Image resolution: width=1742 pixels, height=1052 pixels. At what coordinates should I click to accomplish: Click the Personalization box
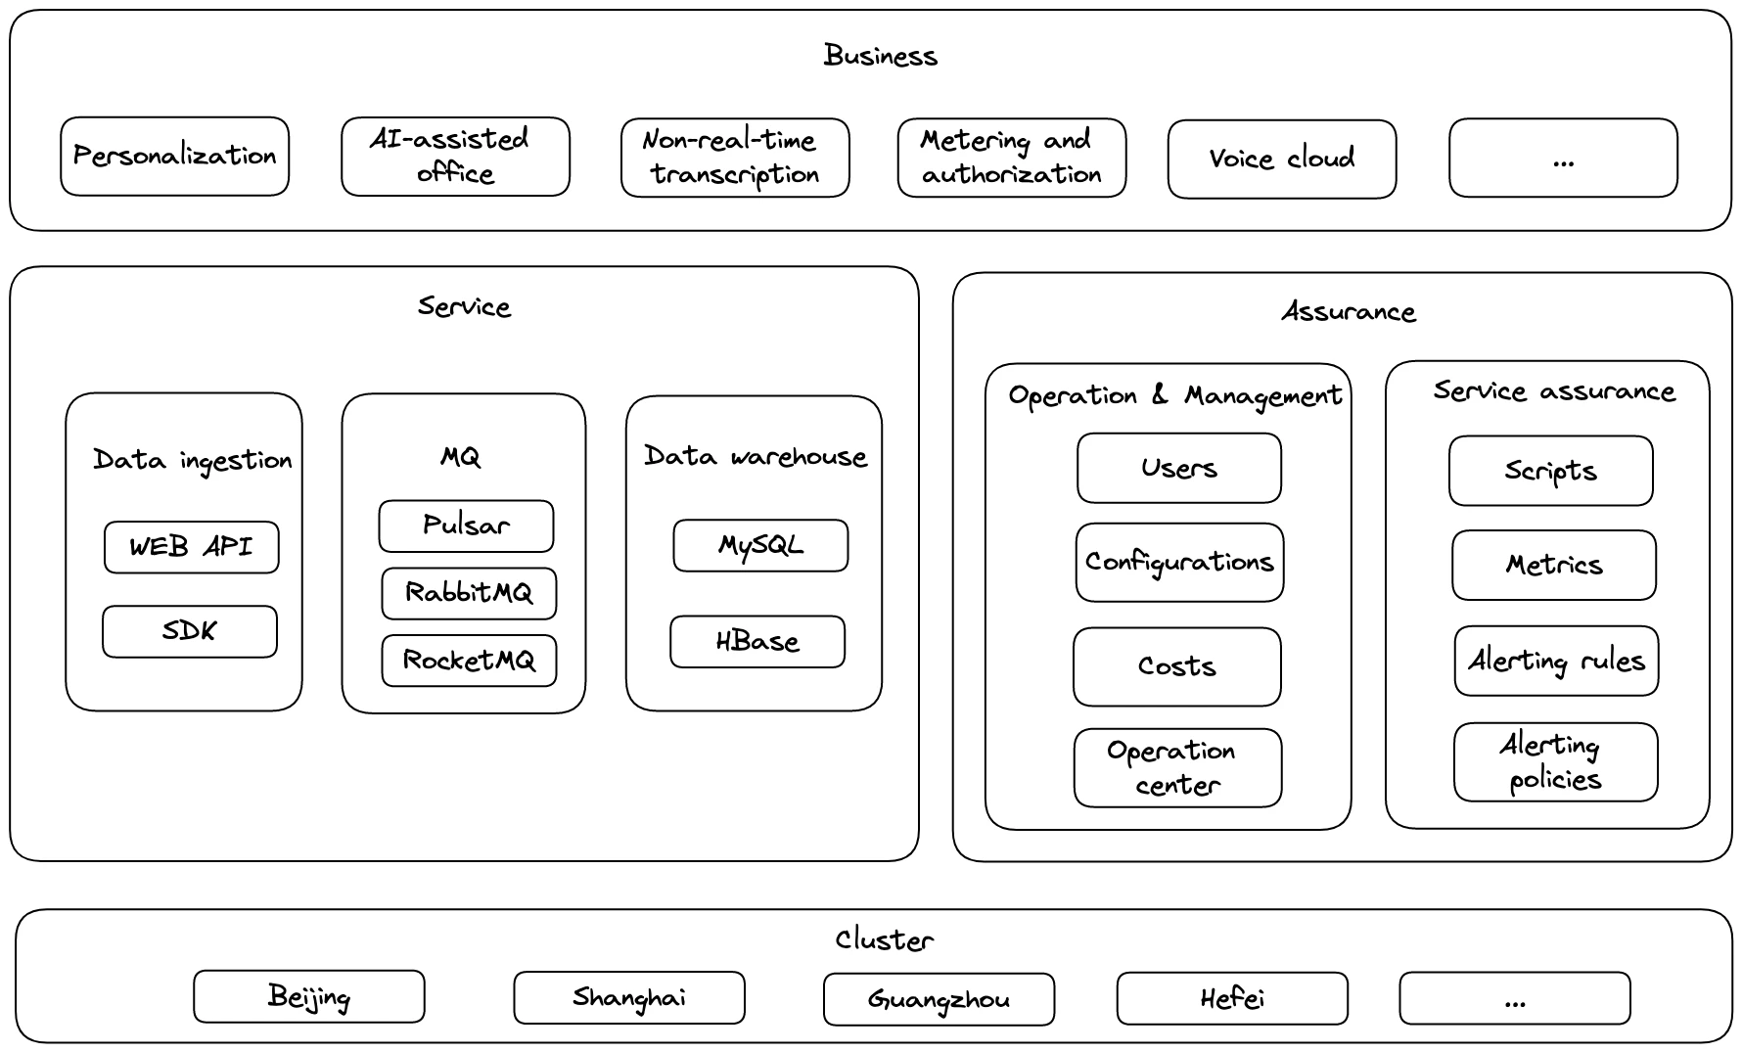[x=174, y=157]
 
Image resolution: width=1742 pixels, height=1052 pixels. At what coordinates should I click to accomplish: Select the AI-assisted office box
[x=455, y=157]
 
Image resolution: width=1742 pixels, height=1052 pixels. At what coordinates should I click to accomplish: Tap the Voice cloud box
[x=1281, y=159]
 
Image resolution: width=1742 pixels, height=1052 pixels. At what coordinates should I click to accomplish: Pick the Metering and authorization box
[x=1011, y=158]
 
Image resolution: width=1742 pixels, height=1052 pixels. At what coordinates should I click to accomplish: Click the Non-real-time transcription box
[x=734, y=158]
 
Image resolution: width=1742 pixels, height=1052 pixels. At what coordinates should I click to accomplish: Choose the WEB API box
[x=191, y=547]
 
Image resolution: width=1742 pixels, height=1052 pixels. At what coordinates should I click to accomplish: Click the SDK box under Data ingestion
[x=189, y=631]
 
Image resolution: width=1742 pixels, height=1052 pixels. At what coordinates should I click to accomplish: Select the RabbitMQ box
[x=469, y=593]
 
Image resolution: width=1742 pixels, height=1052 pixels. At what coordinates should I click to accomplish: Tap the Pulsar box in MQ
[x=466, y=526]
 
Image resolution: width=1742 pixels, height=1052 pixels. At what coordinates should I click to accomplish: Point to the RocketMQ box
[x=469, y=661]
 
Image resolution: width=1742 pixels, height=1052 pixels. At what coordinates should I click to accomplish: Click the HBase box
[x=756, y=642]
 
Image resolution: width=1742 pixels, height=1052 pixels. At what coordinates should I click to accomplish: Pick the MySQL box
[x=760, y=545]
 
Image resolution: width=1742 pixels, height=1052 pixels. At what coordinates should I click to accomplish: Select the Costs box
[x=1176, y=666]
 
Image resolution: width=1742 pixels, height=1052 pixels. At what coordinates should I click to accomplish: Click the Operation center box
[x=1177, y=767]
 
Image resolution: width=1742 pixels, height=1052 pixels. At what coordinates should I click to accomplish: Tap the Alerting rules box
[x=1556, y=662]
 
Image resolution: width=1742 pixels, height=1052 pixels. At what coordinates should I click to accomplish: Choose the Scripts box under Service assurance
[x=1550, y=471]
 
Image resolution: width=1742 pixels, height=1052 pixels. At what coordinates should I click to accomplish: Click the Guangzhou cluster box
[x=939, y=999]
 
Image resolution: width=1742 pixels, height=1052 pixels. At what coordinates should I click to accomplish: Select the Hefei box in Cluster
[x=1231, y=998]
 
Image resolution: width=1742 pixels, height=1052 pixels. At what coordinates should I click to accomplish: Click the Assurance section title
[x=1348, y=312]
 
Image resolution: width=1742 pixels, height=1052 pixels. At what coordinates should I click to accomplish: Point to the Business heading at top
[x=880, y=56]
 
